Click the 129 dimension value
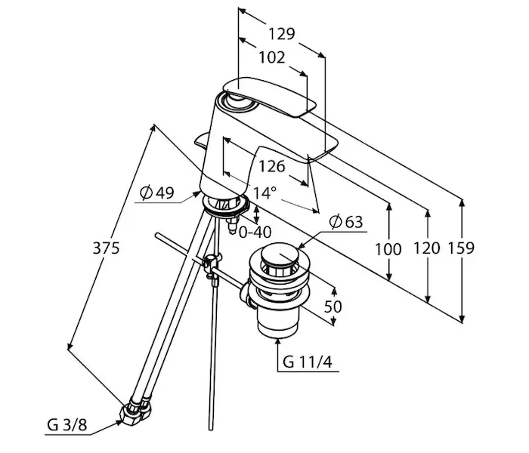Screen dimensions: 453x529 [x=281, y=35]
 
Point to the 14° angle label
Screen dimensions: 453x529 [x=265, y=193]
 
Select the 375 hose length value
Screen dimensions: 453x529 [x=107, y=248]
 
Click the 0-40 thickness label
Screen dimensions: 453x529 [x=255, y=232]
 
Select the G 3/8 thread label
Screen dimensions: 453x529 [x=67, y=426]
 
